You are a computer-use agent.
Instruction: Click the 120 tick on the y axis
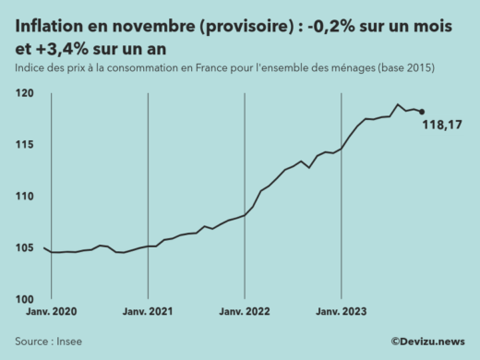pos(24,93)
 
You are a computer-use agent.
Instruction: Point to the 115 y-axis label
pos(24,145)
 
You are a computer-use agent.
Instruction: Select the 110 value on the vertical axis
pos(24,197)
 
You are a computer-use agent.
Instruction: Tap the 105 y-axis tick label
pos(24,247)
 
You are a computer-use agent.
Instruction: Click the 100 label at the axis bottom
pos(24,299)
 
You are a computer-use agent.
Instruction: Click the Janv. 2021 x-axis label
pos(148,313)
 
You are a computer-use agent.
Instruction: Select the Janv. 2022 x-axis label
pos(244,313)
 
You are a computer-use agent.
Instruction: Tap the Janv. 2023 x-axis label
pos(342,313)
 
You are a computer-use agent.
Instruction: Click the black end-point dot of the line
pos(422,112)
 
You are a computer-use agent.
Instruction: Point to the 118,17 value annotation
pos(441,126)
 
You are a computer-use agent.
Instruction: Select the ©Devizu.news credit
pos(426,342)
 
